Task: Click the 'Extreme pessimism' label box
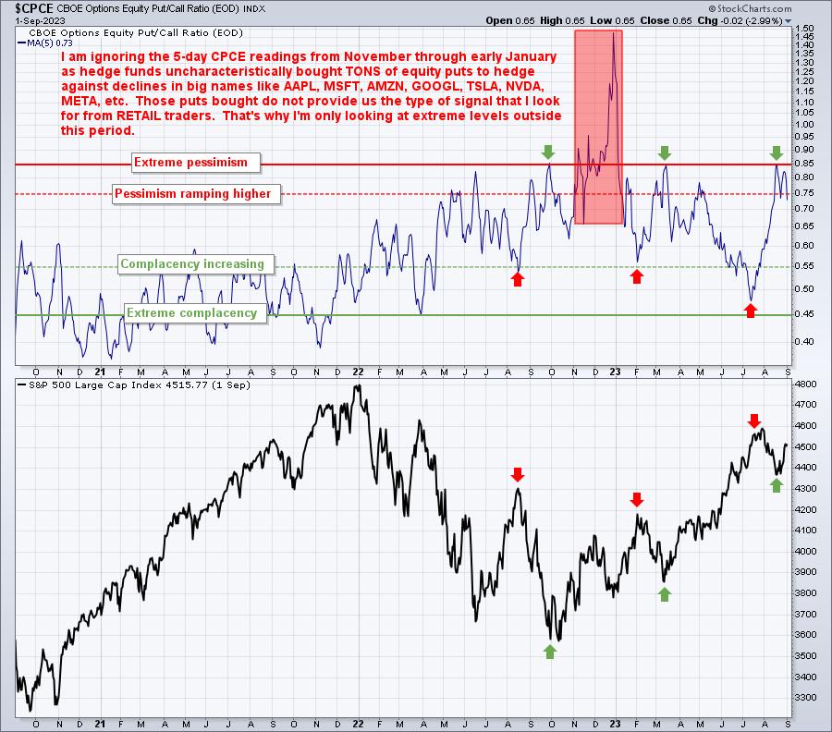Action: click(191, 163)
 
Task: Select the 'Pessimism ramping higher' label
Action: click(192, 194)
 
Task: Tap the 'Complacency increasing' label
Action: click(192, 264)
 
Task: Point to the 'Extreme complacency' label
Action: click(191, 313)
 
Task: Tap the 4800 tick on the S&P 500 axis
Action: click(804, 383)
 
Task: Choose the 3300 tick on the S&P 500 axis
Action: click(804, 698)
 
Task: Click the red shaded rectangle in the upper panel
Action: click(598, 127)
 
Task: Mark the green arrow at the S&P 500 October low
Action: click(551, 652)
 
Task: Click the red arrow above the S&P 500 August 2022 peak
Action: click(518, 474)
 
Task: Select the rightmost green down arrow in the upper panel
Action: click(777, 152)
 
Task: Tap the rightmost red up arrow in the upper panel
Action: click(751, 311)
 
